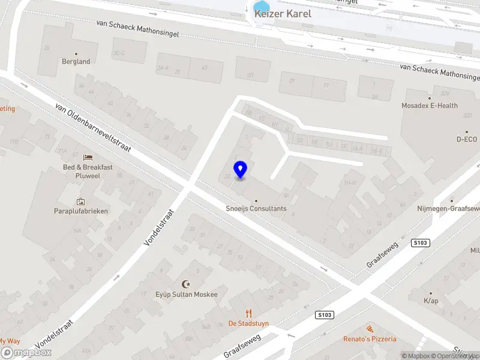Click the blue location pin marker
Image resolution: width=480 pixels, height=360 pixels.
[x=240, y=170]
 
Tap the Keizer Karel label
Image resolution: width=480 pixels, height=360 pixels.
[x=283, y=13]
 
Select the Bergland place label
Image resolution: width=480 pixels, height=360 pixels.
[x=76, y=61]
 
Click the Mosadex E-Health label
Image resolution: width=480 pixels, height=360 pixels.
[x=430, y=106]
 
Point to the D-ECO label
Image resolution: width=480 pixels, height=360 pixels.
[x=466, y=139]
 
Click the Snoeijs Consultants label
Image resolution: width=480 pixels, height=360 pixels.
[x=256, y=209]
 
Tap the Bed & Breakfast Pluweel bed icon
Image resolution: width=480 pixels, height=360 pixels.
[x=88, y=157]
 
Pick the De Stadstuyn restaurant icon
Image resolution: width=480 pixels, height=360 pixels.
[x=248, y=313]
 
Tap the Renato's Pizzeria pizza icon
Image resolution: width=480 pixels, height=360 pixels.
[x=370, y=329]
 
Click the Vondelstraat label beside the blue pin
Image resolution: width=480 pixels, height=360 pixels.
[x=158, y=227]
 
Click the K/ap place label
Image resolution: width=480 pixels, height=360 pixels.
[x=431, y=301]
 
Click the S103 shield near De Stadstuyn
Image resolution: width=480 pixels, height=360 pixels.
[x=325, y=315]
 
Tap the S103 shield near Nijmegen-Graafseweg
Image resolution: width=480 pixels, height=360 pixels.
[x=421, y=242]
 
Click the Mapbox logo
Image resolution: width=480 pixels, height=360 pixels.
[x=26, y=353]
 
